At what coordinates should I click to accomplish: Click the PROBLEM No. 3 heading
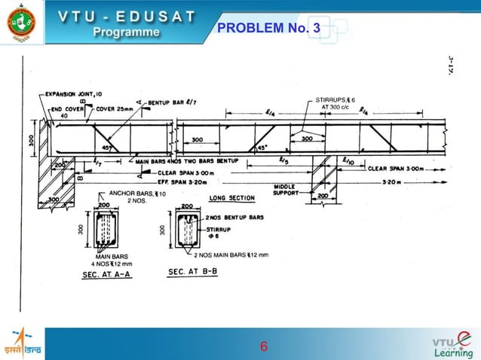tap(268, 29)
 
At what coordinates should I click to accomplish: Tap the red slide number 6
tap(263, 347)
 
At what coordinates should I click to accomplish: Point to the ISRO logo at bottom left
tap(22, 344)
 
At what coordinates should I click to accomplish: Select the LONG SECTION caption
tap(231, 198)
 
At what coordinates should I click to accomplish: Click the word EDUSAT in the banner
tap(159, 16)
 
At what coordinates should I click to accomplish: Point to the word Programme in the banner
tap(126, 32)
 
